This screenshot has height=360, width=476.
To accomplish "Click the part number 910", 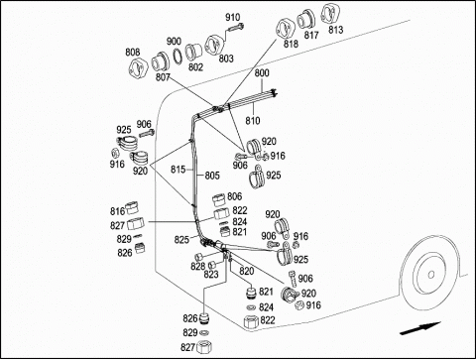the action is pos(233,17).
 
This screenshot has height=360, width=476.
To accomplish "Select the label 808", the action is pos(133,52).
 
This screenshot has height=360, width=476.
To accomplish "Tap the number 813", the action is pos(336,30).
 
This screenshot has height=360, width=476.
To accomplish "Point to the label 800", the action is pos(262,72).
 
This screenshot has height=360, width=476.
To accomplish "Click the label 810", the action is pos(253,121).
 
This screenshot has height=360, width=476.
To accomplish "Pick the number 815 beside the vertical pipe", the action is pos(178,170).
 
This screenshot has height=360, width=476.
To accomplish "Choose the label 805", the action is pos(212,176).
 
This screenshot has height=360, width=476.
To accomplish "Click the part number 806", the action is pos(235,196).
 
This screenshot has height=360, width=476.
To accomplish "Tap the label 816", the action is pos(117,211).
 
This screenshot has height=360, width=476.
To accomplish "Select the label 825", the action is pos(181,240).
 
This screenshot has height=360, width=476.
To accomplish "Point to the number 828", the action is pos(197,266).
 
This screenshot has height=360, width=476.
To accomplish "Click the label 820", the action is pos(247,272).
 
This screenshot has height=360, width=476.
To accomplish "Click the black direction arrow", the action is pos(420,328).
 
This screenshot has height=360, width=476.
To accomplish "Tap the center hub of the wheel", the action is pos(430,275).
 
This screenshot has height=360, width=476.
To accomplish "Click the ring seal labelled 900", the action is pos(178,57).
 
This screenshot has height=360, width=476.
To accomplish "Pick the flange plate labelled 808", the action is pos(137,68).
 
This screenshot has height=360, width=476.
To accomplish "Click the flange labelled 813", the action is pos(328,13).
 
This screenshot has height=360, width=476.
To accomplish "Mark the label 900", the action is pos(174,41).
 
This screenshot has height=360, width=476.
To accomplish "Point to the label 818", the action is pos(291,44).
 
